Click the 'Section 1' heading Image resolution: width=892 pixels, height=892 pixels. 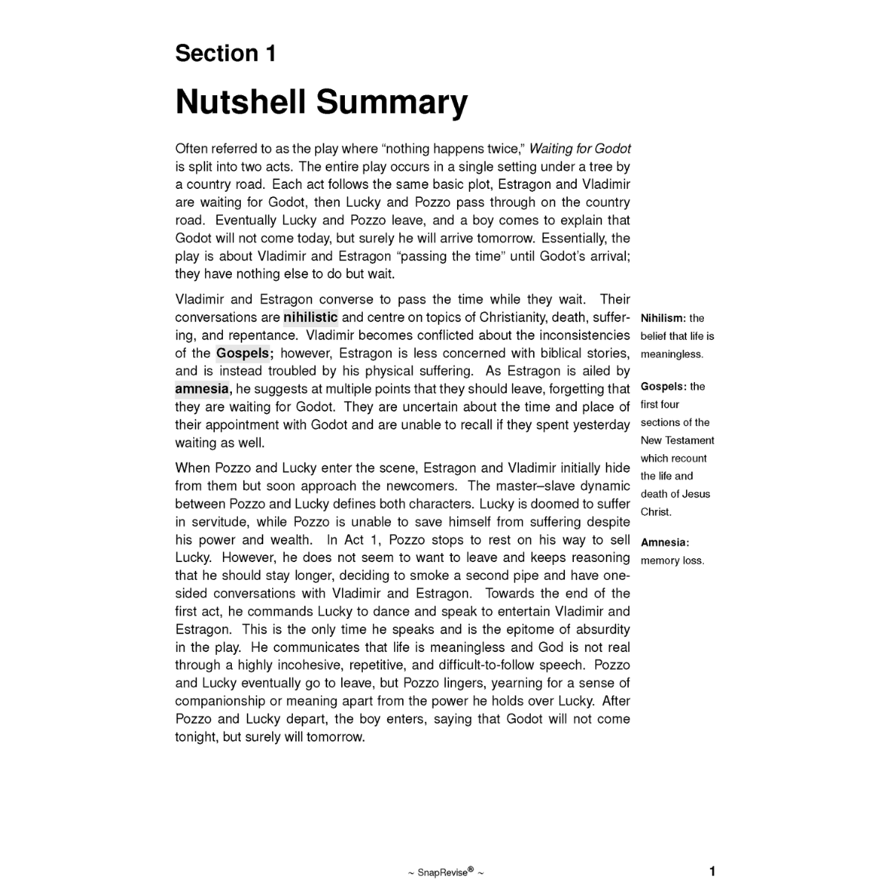(x=225, y=54)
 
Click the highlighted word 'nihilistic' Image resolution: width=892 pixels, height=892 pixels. (x=310, y=317)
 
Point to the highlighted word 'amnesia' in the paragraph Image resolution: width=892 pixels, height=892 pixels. (x=202, y=389)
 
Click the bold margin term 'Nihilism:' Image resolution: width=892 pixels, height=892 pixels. (x=663, y=318)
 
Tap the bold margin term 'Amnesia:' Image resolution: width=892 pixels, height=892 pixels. (x=665, y=543)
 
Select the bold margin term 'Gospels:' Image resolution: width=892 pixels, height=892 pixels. (x=663, y=387)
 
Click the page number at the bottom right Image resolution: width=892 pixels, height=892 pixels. (x=712, y=871)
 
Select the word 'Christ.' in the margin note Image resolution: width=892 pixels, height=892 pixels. (x=656, y=511)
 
